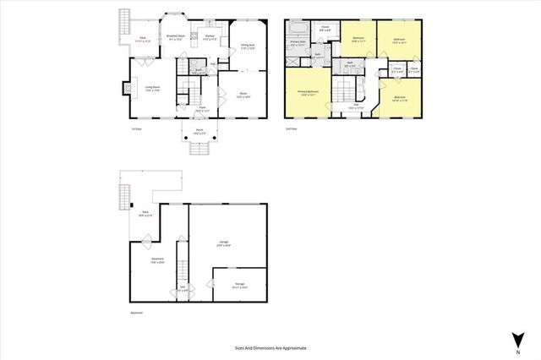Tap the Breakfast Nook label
[x=177, y=37]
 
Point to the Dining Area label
[x=248, y=47]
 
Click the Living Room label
[x=152, y=90]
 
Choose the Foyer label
[x=202, y=109]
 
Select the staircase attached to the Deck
[x=125, y=19]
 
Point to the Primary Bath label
[x=298, y=42]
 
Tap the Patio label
[x=145, y=215]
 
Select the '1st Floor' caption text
[x=135, y=128]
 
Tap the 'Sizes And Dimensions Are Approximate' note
[x=270, y=347]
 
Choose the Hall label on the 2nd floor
[x=356, y=106]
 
